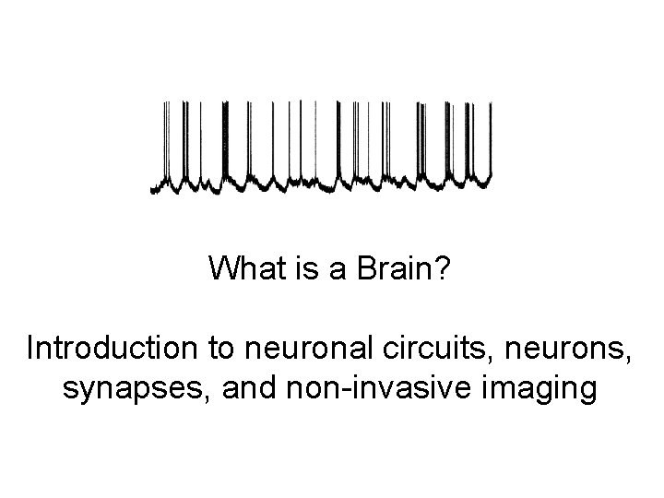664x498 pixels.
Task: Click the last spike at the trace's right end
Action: pos(490,138)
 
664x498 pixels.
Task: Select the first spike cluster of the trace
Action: pos(167,138)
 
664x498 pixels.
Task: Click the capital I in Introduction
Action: pos(32,350)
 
